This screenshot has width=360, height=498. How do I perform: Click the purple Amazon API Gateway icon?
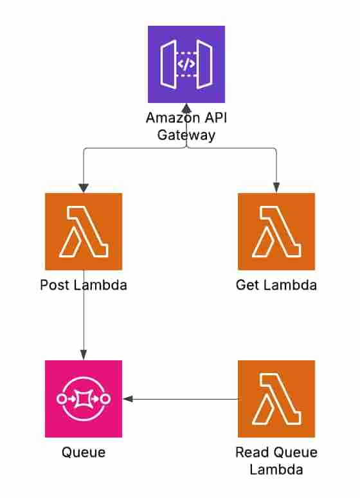pos(186,64)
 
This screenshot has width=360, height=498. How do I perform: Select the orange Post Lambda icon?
pos(84,231)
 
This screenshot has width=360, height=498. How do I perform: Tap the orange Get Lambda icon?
pos(276,231)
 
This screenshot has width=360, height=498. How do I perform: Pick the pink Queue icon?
pos(84,399)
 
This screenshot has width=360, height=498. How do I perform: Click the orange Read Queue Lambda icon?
pos(276,399)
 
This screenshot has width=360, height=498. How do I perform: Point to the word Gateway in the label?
pos(186,136)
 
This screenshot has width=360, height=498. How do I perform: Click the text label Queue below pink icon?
pos(84,452)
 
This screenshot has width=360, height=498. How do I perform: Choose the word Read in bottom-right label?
pos(251,452)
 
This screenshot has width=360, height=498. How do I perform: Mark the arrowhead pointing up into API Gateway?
pos(186,107)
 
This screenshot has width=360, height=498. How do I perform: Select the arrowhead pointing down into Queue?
pos(84,355)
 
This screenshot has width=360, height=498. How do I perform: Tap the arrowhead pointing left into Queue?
pos(127,399)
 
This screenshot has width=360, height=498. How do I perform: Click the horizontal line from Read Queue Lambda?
pos(186,399)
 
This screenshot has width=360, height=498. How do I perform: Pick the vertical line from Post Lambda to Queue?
pos(84,322)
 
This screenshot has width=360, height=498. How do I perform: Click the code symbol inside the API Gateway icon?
pos(186,64)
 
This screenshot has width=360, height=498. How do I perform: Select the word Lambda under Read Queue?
pos(276,470)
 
